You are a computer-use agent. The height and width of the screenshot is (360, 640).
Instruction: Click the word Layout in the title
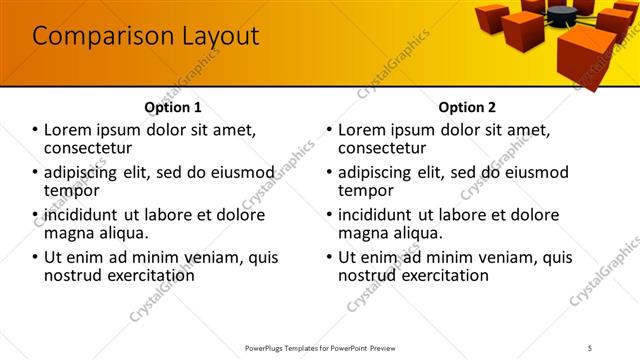(211, 37)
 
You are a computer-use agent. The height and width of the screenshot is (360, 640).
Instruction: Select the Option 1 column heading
(172, 107)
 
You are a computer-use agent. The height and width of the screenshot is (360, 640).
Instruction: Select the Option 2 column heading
(467, 107)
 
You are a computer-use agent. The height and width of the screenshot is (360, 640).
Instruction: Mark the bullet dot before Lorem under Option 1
(35, 130)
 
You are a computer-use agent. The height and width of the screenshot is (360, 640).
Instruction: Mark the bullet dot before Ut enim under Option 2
(330, 256)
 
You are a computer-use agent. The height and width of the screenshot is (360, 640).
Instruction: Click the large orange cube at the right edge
(586, 56)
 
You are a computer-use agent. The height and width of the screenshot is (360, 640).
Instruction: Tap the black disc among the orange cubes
(561, 12)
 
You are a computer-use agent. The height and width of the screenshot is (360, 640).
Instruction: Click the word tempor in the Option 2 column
(365, 191)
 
